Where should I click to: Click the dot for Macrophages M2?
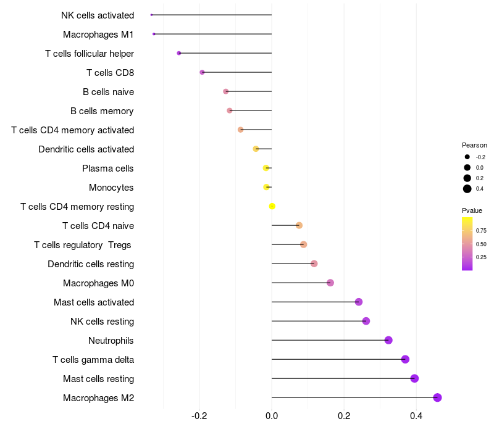point(437,397)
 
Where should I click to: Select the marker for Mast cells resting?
point(414,378)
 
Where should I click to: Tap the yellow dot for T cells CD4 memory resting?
point(272,206)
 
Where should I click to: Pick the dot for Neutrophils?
point(388,340)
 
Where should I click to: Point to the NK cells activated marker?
point(151,15)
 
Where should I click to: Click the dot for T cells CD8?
point(202,72)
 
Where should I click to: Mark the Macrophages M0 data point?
point(330,283)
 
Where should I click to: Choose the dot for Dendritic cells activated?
point(256,149)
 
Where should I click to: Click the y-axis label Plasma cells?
point(107,168)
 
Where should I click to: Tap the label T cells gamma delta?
point(93,360)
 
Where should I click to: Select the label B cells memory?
point(102,111)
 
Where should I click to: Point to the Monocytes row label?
point(111,188)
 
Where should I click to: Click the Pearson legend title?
point(474,145)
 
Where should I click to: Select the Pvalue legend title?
point(472,210)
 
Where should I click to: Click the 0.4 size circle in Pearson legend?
point(467,189)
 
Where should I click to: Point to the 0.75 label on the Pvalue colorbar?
point(482,231)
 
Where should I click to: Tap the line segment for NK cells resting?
point(318,321)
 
